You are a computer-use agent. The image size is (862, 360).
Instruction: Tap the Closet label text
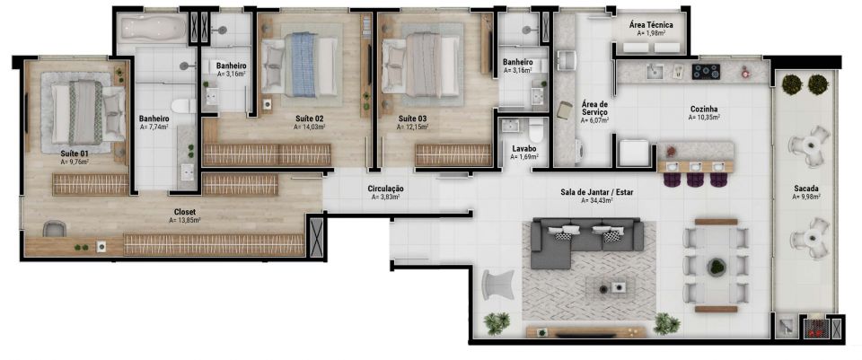[x=185, y=212]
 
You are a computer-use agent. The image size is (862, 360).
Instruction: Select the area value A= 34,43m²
[x=596, y=200]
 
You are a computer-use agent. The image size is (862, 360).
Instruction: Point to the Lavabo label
[x=523, y=148]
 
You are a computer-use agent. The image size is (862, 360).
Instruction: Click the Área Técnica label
[x=652, y=25]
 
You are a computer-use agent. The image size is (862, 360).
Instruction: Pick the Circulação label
[x=385, y=189]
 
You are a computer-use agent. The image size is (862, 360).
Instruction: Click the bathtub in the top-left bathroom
[x=154, y=29]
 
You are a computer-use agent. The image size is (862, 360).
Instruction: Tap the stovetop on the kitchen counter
[x=706, y=71]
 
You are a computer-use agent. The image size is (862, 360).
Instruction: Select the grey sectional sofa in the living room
[x=587, y=241]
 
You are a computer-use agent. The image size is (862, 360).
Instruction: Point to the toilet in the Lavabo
[x=534, y=131]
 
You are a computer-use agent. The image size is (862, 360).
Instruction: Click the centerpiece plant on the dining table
[x=717, y=268]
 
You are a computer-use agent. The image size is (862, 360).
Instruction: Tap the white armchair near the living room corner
[x=497, y=285]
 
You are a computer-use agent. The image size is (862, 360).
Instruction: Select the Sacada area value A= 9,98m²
[x=807, y=197]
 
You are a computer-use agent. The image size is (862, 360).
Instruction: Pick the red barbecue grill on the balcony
[x=814, y=326]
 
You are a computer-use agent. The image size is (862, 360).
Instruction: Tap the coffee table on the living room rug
[x=611, y=287]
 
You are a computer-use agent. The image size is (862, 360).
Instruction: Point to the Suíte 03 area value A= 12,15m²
[x=413, y=127]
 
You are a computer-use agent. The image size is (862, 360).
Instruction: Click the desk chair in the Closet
[x=55, y=229]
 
